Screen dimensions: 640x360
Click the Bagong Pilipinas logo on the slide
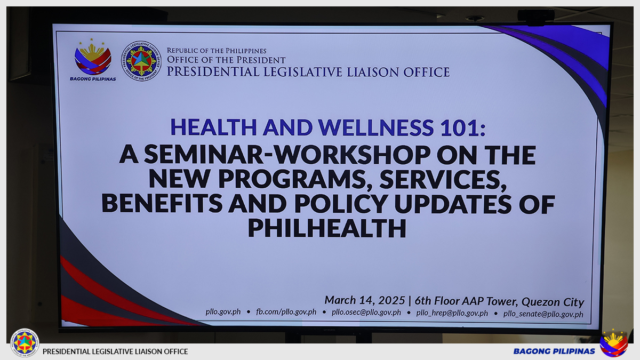pyautogui.click(x=93, y=59)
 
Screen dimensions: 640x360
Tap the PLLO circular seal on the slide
pyautogui.click(x=141, y=61)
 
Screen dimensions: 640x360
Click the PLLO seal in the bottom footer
pyautogui.click(x=25, y=342)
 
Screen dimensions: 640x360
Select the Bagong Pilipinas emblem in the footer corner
pyautogui.click(x=614, y=343)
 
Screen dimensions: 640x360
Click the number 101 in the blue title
pyautogui.click(x=459, y=127)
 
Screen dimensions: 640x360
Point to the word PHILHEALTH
pyautogui.click(x=327, y=228)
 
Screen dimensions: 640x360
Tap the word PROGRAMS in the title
pyautogui.click(x=295, y=179)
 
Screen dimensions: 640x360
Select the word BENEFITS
pyautogui.click(x=162, y=203)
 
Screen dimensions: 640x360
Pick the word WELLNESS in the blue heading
pyautogui.click(x=377, y=127)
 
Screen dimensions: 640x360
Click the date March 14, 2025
pyautogui.click(x=365, y=300)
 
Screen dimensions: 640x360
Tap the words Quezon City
pyautogui.click(x=553, y=302)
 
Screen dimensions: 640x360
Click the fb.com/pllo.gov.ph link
pyautogui.click(x=286, y=311)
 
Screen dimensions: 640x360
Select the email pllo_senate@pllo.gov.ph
pyautogui.click(x=543, y=314)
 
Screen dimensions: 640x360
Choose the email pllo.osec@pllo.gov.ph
pyautogui.click(x=366, y=313)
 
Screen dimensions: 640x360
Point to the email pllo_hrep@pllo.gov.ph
pyautogui.click(x=452, y=313)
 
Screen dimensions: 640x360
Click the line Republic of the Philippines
pyautogui.click(x=217, y=51)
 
